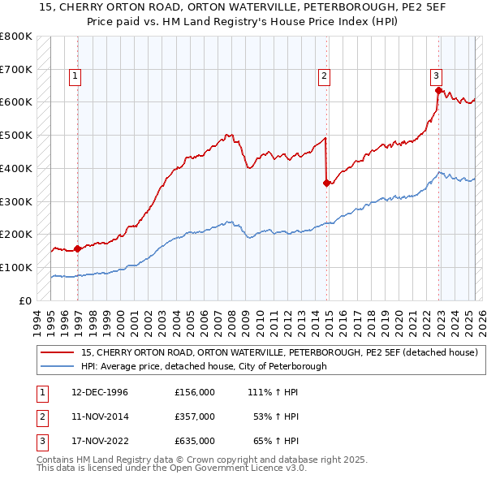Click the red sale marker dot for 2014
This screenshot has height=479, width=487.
click(326, 183)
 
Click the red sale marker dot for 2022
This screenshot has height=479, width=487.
click(438, 90)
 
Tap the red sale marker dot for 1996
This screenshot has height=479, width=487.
click(77, 249)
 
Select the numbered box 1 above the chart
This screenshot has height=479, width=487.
click(74, 77)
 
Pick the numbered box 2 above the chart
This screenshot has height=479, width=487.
click(324, 77)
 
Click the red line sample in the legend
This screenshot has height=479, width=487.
click(57, 353)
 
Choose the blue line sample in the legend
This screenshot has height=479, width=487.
click(57, 366)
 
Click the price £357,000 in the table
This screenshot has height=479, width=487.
click(195, 416)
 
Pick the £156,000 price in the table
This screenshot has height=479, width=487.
click(195, 392)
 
